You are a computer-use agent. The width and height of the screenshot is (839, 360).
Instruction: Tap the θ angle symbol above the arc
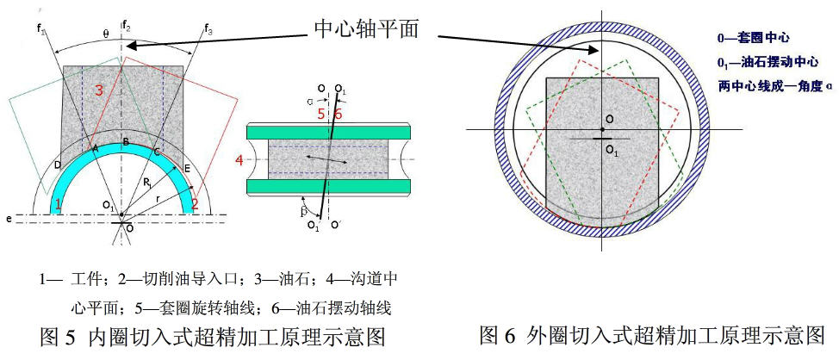click(105, 34)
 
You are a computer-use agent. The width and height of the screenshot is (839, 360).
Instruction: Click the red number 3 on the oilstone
click(99, 90)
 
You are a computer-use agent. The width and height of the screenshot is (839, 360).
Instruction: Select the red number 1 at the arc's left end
click(58, 204)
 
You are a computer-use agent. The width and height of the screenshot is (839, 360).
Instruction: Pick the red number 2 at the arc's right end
click(196, 203)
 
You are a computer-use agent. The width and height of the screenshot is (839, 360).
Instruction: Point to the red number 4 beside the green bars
click(239, 159)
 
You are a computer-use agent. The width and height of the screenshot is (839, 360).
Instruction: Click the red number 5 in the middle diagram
click(320, 113)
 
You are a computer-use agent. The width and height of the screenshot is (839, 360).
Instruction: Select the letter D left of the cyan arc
click(58, 164)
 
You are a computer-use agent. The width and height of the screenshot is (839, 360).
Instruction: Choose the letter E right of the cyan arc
click(189, 170)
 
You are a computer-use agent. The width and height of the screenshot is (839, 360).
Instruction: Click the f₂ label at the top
click(126, 23)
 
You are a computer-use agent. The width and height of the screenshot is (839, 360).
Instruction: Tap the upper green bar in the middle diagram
click(327, 133)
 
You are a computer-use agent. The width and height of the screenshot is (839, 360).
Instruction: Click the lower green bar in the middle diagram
click(327, 187)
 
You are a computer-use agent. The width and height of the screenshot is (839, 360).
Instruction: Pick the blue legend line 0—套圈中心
click(754, 38)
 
